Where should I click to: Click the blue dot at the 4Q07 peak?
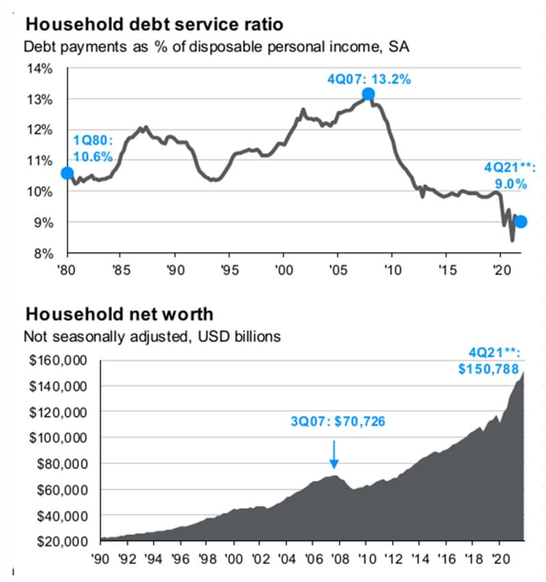[x=369, y=94]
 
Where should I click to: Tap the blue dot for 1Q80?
[x=67, y=174]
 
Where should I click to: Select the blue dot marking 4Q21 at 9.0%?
[x=521, y=221]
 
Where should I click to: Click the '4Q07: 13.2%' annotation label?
[x=369, y=79]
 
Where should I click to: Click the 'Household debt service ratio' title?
[x=154, y=25]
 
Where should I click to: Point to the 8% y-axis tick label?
[x=42, y=253]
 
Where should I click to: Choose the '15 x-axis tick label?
[x=446, y=269]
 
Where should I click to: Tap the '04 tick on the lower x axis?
[x=287, y=559]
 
